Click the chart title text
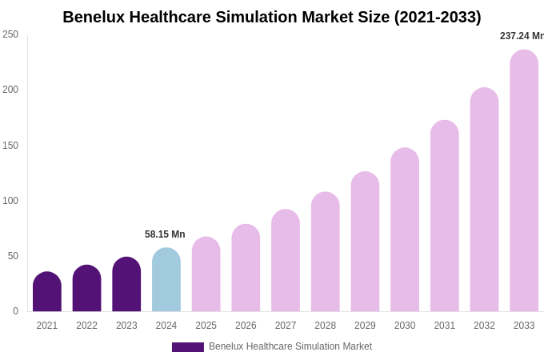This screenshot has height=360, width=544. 272,17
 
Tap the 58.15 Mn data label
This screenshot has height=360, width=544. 165,234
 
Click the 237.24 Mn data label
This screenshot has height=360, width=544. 522,36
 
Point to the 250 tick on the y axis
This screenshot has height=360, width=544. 10,34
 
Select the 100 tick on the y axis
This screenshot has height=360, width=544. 10,201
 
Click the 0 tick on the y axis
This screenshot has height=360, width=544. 15,311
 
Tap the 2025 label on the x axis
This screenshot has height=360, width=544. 206,326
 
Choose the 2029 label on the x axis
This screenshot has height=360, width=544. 365,326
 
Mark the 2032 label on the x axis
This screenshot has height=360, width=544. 484,326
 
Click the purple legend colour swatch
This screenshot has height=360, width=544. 188,347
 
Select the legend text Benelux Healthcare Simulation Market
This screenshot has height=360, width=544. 290,346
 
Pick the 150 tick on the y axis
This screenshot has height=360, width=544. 10,146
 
